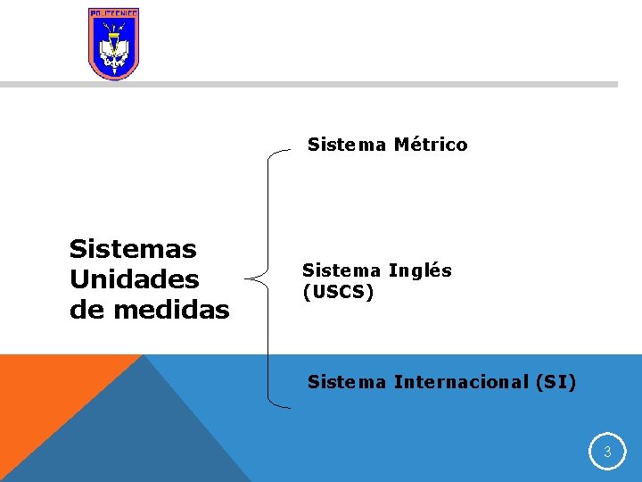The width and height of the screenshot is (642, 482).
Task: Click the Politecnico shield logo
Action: pyautogui.click(x=114, y=44)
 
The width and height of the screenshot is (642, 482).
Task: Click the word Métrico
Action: pyautogui.click(x=430, y=145)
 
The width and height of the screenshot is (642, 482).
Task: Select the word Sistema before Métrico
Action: pyautogui.click(x=347, y=145)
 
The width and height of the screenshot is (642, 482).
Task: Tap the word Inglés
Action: pyautogui.click(x=420, y=270)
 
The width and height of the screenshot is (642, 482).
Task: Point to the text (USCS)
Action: pyautogui.click(x=338, y=292)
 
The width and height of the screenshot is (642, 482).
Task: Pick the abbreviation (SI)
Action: pyautogui.click(x=556, y=382)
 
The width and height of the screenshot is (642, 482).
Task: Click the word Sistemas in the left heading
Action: pyautogui.click(x=133, y=248)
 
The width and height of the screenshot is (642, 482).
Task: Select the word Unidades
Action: pyautogui.click(x=134, y=279)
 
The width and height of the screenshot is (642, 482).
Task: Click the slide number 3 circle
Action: pyautogui.click(x=607, y=453)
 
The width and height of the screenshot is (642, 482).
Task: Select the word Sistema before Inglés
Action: pyautogui.click(x=342, y=270)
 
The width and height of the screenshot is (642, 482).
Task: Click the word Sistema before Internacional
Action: pyautogui.click(x=347, y=382)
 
